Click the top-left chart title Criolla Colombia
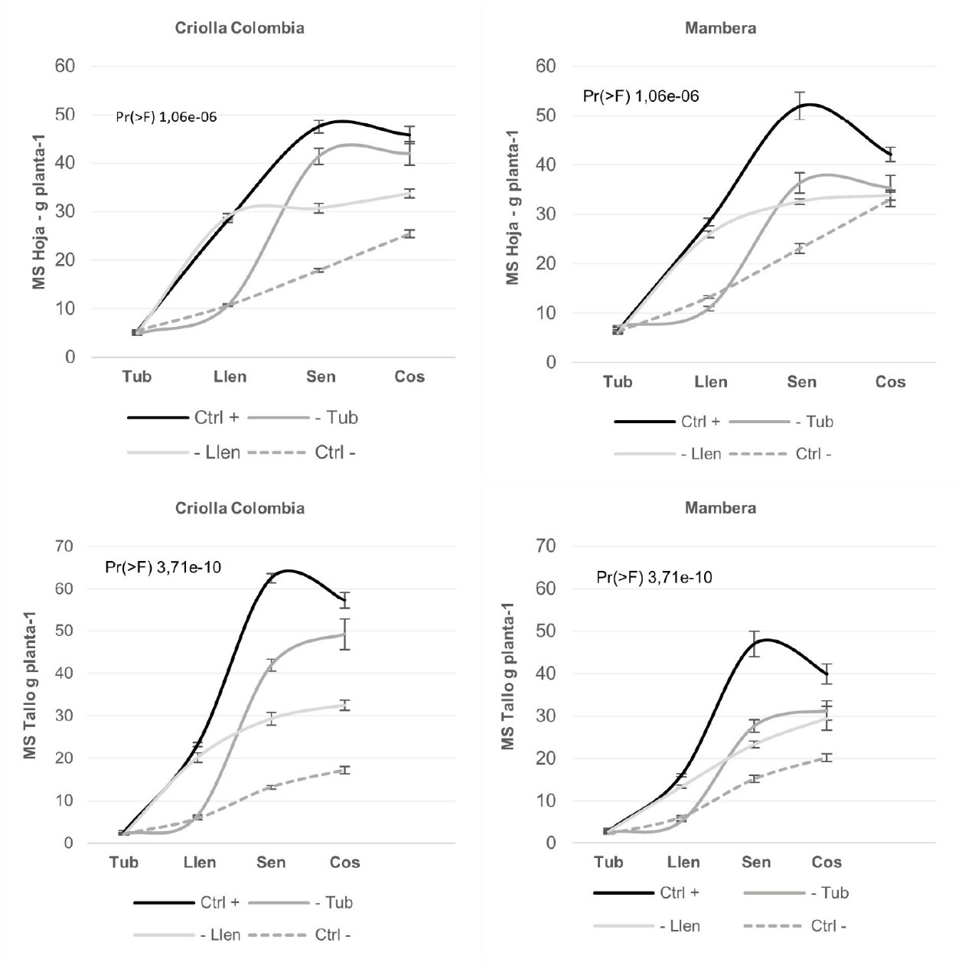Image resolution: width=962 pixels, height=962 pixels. click(x=240, y=28)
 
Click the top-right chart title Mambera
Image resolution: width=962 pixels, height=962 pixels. click(x=720, y=28)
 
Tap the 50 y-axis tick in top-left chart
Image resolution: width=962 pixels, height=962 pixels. click(x=65, y=115)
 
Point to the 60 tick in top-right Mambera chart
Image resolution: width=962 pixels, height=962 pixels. click(x=546, y=66)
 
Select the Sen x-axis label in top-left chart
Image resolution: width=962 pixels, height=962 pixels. click(x=321, y=377)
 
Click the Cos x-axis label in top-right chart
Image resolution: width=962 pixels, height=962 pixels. click(x=890, y=382)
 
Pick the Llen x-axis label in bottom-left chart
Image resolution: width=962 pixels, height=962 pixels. click(x=199, y=863)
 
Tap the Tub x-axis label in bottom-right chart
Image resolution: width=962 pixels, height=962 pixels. click(x=608, y=863)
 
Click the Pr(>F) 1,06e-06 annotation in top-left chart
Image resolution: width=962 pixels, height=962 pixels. click(x=166, y=118)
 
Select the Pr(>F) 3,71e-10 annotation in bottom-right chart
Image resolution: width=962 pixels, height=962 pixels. click(x=654, y=577)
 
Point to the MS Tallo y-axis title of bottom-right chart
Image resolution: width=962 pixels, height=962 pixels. click(x=508, y=675)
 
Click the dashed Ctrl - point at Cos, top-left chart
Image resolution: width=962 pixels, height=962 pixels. click(x=409, y=233)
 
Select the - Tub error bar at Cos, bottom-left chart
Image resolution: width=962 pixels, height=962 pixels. click(x=344, y=634)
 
